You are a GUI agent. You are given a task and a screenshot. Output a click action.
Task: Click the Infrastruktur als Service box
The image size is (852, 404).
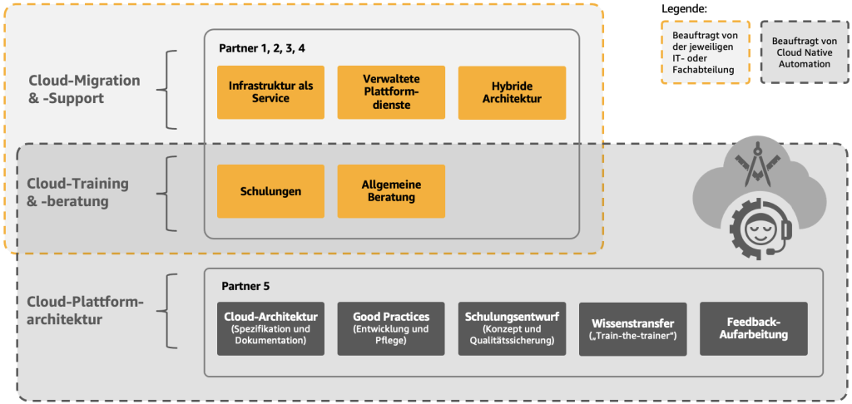pyautogui.click(x=270, y=92)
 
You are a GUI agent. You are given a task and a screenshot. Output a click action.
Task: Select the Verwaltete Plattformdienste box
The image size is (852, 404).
pyautogui.click(x=391, y=92)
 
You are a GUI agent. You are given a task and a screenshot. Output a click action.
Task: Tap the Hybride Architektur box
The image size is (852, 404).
pyautogui.click(x=512, y=92)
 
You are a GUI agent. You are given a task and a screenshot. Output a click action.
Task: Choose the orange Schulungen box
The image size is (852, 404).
pyautogui.click(x=270, y=191)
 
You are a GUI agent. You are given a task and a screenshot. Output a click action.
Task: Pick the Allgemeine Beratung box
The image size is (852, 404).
pyautogui.click(x=391, y=191)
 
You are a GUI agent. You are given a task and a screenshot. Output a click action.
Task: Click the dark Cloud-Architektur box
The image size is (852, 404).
pyautogui.click(x=270, y=328)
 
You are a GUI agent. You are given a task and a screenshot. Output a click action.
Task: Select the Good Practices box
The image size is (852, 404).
pyautogui.click(x=391, y=328)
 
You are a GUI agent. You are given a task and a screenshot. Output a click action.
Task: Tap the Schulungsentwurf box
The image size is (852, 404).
pyautogui.click(x=512, y=328)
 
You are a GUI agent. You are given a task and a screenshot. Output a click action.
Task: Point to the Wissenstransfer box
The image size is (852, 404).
pyautogui.click(x=632, y=328)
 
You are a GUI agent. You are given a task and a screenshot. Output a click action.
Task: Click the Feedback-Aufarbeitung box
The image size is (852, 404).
pyautogui.click(x=754, y=328)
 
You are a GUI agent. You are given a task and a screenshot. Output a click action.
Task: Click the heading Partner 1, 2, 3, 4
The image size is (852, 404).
pyautogui.click(x=262, y=48)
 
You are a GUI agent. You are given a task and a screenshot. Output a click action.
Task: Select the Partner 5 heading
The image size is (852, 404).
pyautogui.click(x=245, y=286)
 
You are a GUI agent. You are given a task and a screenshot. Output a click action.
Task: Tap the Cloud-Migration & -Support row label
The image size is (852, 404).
pyautogui.click(x=84, y=89)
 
